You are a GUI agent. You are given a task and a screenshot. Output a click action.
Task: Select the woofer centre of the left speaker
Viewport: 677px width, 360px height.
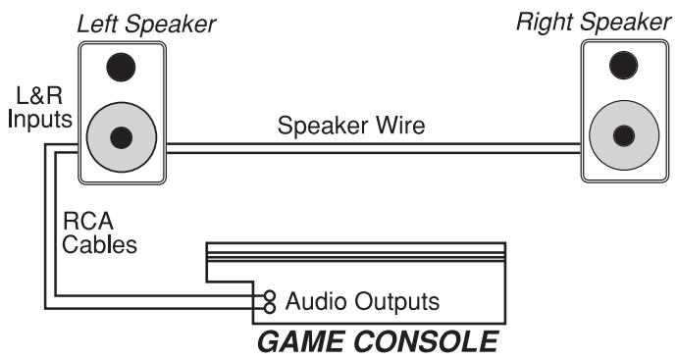pos(122,137)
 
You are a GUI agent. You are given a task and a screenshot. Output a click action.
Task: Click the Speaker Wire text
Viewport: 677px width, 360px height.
pos(350,127)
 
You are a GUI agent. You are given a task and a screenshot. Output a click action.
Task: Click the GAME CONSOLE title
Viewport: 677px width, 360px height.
pos(378,343)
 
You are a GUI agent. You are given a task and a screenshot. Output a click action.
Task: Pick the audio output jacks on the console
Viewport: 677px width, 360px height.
pos(268,299)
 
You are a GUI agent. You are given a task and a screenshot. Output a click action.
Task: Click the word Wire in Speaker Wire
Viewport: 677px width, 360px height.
pos(402,127)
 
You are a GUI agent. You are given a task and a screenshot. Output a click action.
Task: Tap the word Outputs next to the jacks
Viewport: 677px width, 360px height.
pos(397,299)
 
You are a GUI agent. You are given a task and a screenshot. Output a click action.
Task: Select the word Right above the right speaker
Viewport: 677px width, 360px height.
pos(545,21)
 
